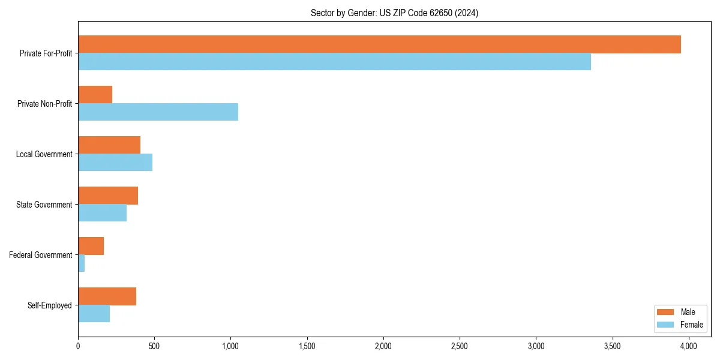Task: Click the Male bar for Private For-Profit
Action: pos(379,44)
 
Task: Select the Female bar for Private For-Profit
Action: pos(334,62)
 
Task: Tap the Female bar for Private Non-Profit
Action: pos(158,112)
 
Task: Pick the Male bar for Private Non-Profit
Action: pos(95,95)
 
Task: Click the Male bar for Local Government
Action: pos(109,145)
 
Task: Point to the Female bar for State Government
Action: pos(102,213)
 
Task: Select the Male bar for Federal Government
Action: pos(91,246)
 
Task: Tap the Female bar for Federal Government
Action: pos(82,263)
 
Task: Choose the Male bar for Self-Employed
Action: pos(107,296)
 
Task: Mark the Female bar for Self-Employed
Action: pos(94,314)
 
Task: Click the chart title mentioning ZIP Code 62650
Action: pos(394,13)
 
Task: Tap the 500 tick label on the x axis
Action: pos(154,346)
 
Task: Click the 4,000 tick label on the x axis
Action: pos(688,346)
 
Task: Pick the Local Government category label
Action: pos(44,154)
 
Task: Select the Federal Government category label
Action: pos(41,255)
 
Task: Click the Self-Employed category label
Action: pos(50,305)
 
